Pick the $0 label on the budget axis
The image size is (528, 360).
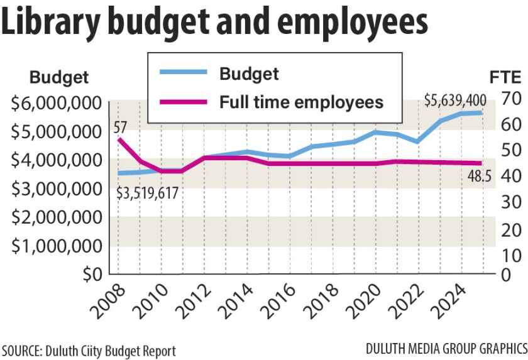91,275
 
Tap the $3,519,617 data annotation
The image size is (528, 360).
148,193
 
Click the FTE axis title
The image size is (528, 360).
505,78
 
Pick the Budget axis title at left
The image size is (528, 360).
59,78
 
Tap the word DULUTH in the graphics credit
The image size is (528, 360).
385,347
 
